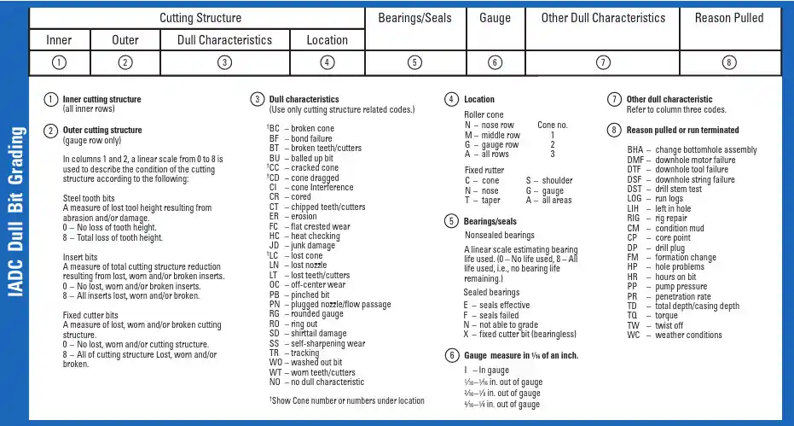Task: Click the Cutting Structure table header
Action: tap(200, 18)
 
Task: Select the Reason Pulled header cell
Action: tap(728, 18)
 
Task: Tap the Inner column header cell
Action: tap(59, 40)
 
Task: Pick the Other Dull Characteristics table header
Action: tap(603, 18)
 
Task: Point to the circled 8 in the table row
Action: tap(728, 62)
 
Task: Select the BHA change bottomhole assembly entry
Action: tap(692, 150)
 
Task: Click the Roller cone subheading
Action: tap(484, 114)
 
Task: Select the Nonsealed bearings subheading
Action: tap(500, 235)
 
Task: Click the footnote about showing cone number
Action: tap(345, 400)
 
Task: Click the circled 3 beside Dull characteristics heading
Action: tap(257, 99)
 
